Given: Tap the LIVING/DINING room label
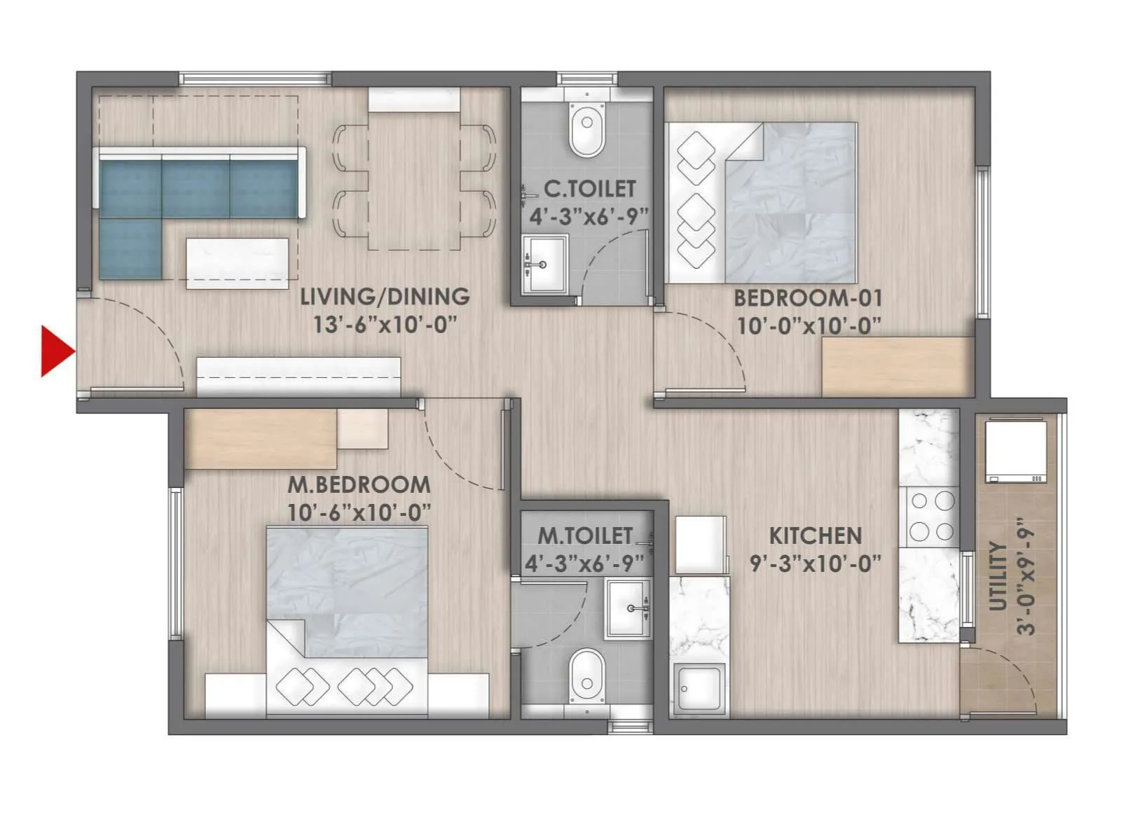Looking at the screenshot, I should coord(385,297).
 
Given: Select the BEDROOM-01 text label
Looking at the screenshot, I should coord(807,298).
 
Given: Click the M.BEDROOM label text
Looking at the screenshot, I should coord(359,484).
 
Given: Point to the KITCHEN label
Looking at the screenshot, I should coord(815,536).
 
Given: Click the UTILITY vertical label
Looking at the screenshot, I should coord(998,575).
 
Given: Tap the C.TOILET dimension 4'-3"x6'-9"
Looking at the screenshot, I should coord(589,216).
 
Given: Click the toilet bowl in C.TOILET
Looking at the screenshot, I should coord(586,130).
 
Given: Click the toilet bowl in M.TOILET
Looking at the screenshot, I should coord(586,675).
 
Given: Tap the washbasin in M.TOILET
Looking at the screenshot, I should coord(628,608).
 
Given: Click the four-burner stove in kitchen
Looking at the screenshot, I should coord(932,517).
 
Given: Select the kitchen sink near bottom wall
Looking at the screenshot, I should coord(698,689).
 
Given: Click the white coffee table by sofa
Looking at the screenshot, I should coord(237,263).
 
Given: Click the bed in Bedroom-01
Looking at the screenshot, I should coord(792,203).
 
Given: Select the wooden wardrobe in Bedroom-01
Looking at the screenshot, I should coord(898,367).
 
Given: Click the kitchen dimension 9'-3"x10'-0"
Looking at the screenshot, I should coord(815,563).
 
